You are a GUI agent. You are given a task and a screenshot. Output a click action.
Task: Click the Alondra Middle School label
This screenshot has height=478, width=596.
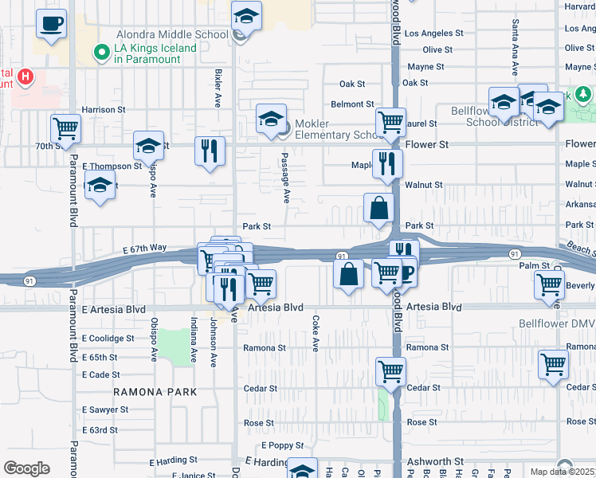click(x=172, y=34)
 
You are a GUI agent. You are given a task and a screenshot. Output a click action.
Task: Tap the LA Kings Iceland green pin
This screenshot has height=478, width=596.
click(x=101, y=53)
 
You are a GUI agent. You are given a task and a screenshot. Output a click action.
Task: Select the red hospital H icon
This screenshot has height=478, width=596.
click(x=26, y=77)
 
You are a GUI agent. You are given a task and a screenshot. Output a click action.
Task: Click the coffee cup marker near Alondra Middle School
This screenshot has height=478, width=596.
click(x=52, y=25)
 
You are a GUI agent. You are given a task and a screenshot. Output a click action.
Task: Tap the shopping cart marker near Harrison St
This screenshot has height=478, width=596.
click(x=65, y=127)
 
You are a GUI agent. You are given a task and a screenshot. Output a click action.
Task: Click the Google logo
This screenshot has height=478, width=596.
click(x=27, y=468)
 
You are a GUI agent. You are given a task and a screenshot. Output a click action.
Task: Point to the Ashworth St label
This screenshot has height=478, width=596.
click(x=435, y=461)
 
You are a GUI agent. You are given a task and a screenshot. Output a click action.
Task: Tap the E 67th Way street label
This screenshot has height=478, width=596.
click(x=145, y=249)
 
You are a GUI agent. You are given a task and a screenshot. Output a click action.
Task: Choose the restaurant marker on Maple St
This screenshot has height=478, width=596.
click(x=387, y=163)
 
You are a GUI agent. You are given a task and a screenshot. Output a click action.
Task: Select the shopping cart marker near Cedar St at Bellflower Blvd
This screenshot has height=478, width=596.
click(x=391, y=370)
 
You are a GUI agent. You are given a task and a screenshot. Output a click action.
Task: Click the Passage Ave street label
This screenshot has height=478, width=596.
click(x=284, y=174)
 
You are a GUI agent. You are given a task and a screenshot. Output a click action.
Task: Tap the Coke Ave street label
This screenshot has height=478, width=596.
click(x=316, y=334)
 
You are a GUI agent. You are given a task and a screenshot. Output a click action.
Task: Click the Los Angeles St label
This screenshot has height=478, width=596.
click(x=434, y=33)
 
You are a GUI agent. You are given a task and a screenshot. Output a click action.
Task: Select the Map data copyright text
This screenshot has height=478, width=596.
click(x=563, y=472)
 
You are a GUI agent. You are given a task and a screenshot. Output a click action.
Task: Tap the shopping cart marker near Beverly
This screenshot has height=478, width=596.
click(x=550, y=284)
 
